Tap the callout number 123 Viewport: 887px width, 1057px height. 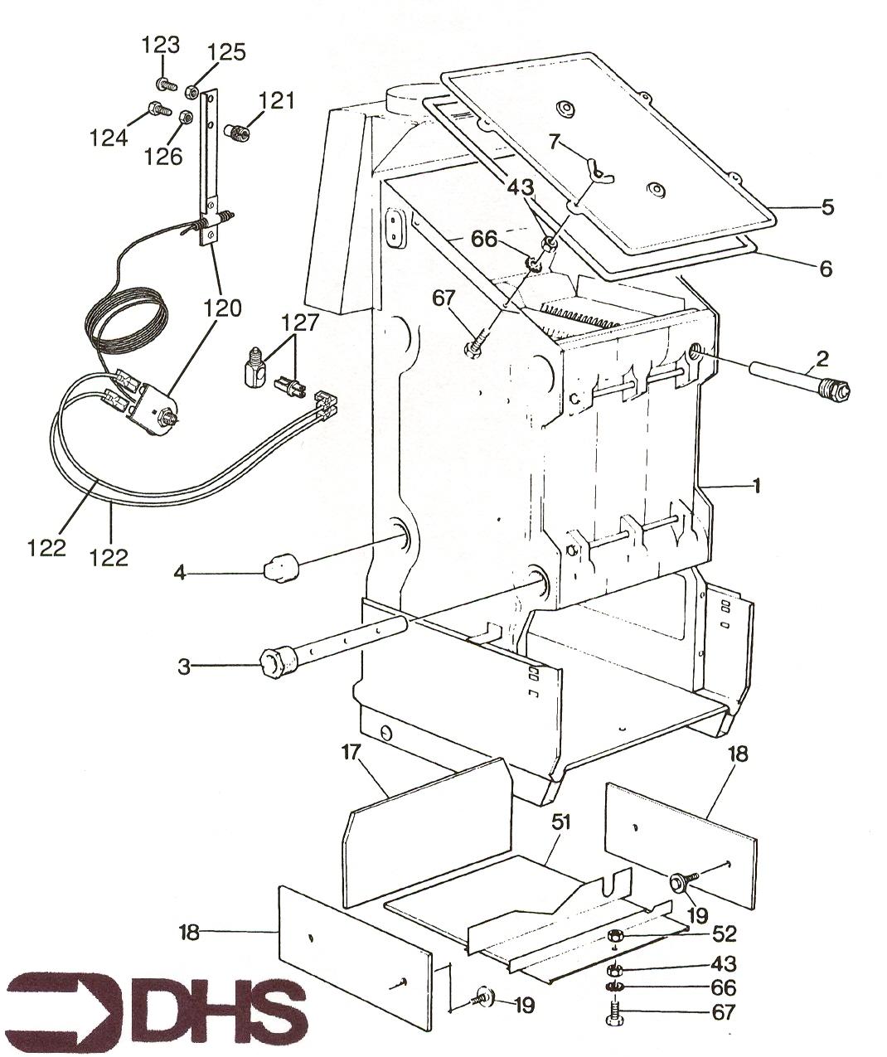[x=160, y=45]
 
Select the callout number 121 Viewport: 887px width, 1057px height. [x=276, y=101]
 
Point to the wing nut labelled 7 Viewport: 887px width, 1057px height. [x=599, y=170]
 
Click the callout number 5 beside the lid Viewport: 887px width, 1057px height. [x=827, y=206]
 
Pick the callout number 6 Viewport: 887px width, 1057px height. [x=826, y=269]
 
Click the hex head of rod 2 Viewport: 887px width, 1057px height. [x=840, y=390]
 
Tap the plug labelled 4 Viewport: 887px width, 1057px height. [x=282, y=569]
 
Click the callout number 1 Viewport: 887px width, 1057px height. [x=756, y=487]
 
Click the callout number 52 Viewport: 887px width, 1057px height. [x=724, y=935]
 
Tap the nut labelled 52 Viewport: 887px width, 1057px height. [x=615, y=935]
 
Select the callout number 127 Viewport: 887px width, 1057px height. [x=301, y=323]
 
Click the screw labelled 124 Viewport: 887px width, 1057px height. [x=158, y=109]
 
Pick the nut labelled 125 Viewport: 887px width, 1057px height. [x=191, y=92]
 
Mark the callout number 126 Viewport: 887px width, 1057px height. [x=163, y=157]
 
